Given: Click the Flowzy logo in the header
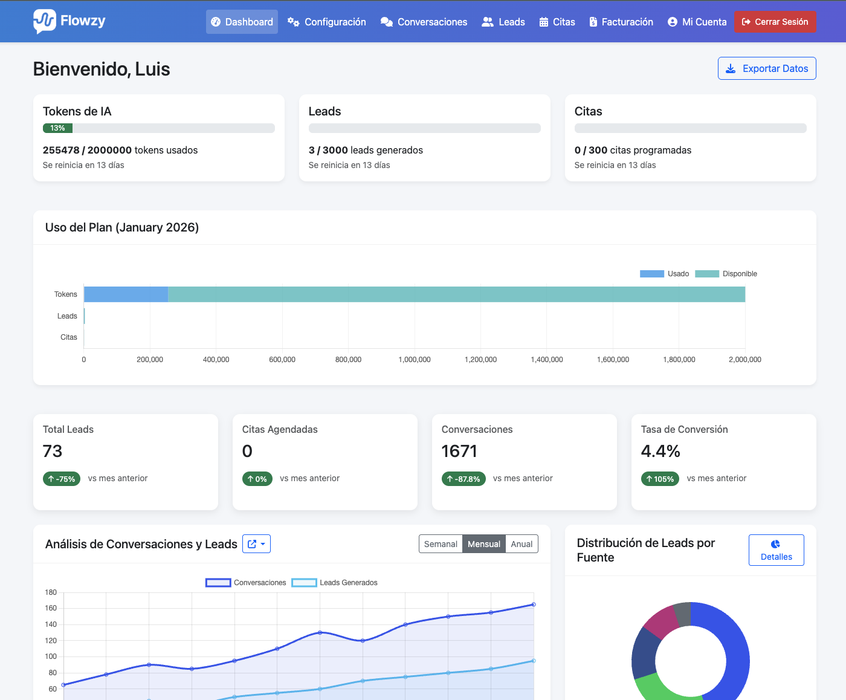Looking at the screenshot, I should click(x=69, y=21).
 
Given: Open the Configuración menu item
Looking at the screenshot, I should click(x=327, y=22).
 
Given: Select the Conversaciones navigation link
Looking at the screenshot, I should click(x=424, y=22).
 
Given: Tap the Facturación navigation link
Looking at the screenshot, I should click(x=621, y=22).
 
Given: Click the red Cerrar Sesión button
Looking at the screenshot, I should click(x=775, y=22).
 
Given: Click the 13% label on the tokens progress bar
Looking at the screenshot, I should click(x=57, y=128).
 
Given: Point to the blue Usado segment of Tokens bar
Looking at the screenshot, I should click(x=126, y=294).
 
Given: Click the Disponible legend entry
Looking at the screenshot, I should click(x=726, y=274).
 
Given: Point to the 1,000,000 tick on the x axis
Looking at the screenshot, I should click(x=415, y=360).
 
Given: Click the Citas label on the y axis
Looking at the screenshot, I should click(x=69, y=337).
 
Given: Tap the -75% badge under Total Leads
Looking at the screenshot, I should click(x=62, y=479).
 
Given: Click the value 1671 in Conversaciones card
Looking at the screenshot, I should click(x=459, y=451).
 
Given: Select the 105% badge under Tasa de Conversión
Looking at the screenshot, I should click(x=660, y=479).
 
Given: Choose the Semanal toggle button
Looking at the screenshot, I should click(x=441, y=544).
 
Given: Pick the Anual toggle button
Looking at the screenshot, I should click(x=521, y=544).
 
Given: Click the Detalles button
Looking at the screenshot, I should click(x=776, y=550).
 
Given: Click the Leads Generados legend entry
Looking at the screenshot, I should click(x=335, y=583).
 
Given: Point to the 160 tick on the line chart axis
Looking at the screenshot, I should click(x=51, y=608).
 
